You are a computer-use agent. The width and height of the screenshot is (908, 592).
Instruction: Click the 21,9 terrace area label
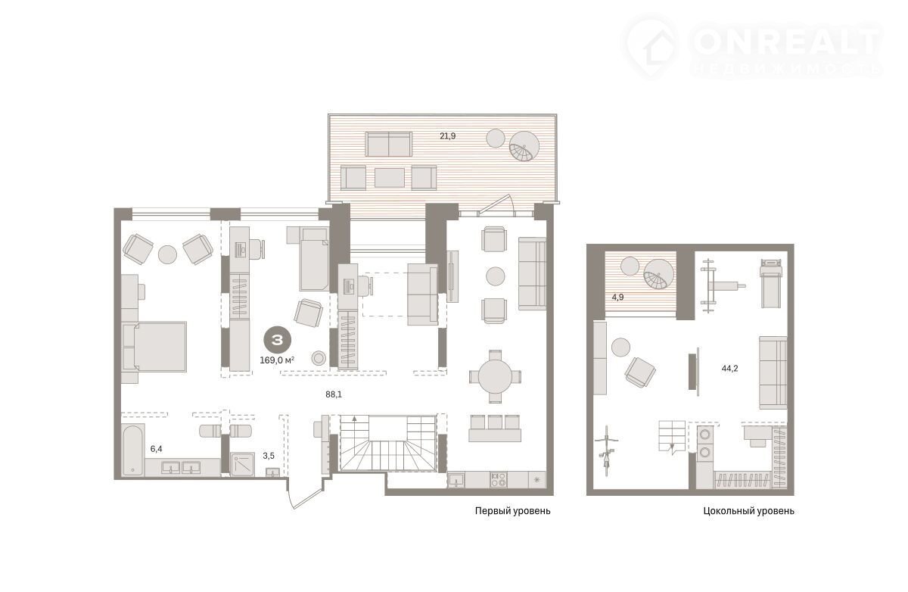click(447, 136)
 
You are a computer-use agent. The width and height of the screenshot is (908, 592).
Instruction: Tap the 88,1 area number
click(334, 394)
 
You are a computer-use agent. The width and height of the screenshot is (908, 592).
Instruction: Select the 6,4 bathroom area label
click(156, 449)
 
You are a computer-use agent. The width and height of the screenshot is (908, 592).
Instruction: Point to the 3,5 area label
click(269, 456)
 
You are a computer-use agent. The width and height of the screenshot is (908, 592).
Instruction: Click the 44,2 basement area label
click(729, 369)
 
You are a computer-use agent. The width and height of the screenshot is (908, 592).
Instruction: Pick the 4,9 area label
click(617, 298)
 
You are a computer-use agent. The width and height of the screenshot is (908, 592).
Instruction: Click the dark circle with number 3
click(278, 340)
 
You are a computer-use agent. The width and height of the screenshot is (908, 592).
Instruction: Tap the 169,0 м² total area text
click(277, 360)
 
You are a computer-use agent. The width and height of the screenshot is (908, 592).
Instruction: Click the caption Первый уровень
click(513, 511)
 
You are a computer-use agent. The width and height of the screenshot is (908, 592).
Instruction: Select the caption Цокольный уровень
click(748, 511)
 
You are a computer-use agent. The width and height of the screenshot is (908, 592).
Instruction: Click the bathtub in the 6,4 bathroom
click(133, 450)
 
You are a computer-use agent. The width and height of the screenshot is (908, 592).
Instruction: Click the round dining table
click(495, 376)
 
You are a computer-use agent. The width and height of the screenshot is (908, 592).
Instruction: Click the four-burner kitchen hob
click(498, 480)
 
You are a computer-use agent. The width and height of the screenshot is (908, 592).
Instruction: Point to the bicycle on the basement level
click(606, 450)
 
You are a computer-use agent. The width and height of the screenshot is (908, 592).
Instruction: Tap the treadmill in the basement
click(770, 283)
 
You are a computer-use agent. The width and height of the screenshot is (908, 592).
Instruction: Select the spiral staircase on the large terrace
click(524, 146)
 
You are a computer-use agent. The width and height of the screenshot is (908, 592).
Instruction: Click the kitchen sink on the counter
click(457, 481)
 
